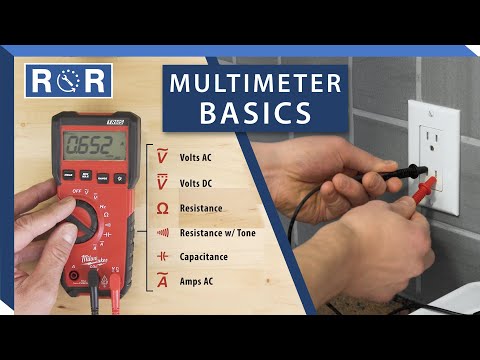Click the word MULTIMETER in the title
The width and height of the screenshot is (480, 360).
[255, 84]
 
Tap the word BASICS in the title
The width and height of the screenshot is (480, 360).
[255, 113]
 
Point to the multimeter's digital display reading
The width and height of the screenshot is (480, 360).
[93, 147]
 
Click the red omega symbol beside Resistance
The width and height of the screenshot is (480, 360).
[162, 208]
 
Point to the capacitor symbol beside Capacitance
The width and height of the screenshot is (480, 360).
[162, 257]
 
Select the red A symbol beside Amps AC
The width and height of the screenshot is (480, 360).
[162, 282]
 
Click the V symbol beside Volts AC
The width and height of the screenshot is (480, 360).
[162, 157]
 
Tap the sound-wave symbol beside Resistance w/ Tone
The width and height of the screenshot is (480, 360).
[162, 232]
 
